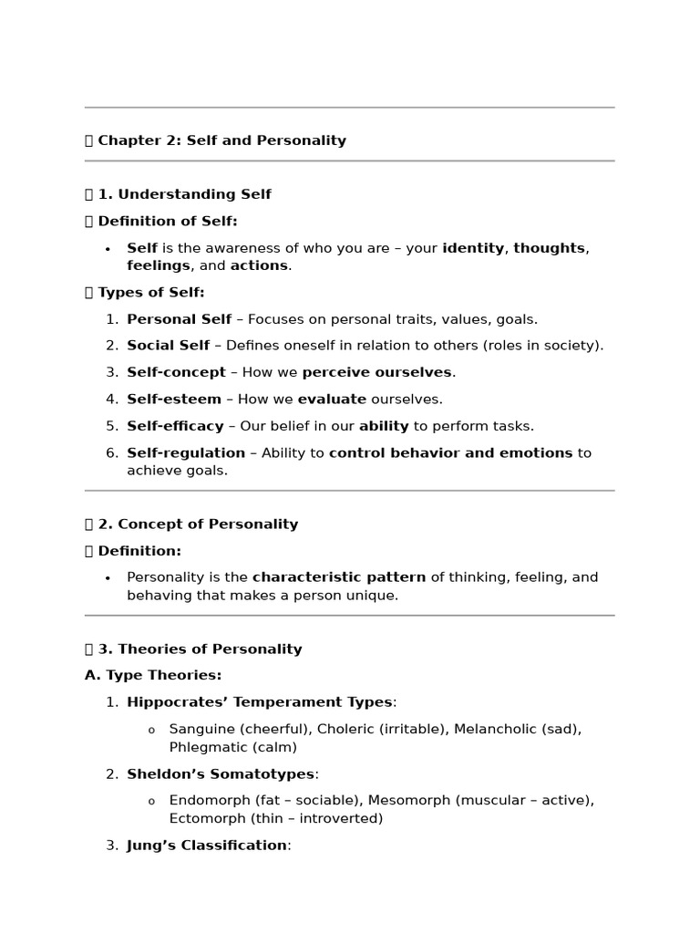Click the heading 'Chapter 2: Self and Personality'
(x=221, y=140)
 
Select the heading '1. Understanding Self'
(x=193, y=194)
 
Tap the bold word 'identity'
(x=472, y=248)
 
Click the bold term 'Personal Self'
(x=179, y=319)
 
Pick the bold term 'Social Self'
(x=169, y=346)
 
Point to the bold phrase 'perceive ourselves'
(x=376, y=372)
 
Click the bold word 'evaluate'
(x=332, y=400)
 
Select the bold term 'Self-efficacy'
(x=175, y=426)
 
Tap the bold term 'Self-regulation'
(x=186, y=453)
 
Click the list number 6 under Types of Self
(x=111, y=453)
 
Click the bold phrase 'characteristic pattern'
(x=339, y=577)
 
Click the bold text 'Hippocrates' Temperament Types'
(x=260, y=702)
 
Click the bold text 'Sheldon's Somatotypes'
(x=221, y=774)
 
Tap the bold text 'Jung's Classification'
(x=207, y=846)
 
